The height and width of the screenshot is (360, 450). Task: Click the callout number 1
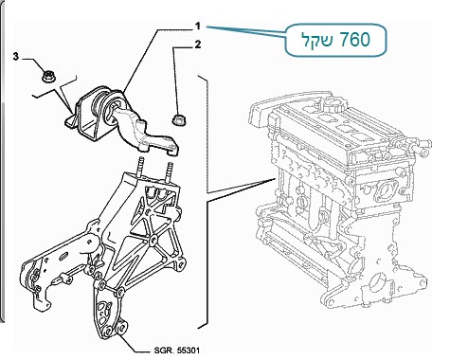tap(198, 26)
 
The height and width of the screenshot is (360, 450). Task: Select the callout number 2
tap(198, 45)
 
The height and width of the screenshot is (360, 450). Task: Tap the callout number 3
tap(16, 57)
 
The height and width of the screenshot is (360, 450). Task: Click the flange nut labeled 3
tap(48, 77)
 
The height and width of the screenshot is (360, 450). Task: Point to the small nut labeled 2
tap(179, 120)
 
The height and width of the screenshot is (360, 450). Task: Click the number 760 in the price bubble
tap(355, 40)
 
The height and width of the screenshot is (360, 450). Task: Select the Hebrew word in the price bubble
tap(315, 41)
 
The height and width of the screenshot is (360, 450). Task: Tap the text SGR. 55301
tap(177, 351)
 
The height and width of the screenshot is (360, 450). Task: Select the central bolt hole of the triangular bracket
tap(154, 239)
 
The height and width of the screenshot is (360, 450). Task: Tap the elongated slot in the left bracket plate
tap(63, 256)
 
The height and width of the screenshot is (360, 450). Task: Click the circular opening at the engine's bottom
tap(377, 282)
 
